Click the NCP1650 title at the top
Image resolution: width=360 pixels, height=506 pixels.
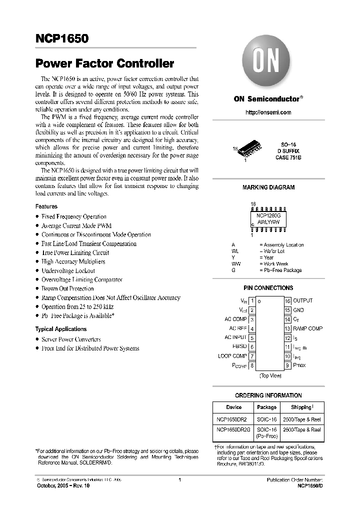coord(62,38)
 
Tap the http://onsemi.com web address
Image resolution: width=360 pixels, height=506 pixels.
coord(268,112)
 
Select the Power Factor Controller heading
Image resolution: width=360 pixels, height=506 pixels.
coord(104,63)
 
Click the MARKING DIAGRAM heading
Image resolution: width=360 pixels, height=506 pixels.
coord(268,187)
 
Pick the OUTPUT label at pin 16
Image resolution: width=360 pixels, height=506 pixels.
coord(302,300)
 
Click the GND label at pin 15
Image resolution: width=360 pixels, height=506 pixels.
coord(298,310)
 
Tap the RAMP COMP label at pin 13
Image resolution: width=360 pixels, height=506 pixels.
coord(307,328)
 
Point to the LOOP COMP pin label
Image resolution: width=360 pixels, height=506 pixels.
coord(232,356)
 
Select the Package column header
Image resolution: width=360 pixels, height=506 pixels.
coord(266,407)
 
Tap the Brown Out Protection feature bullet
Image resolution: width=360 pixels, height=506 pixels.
coord(67,288)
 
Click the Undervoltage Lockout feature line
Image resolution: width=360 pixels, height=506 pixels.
coord(68,270)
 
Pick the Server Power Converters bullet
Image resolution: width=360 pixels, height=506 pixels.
coord(71,339)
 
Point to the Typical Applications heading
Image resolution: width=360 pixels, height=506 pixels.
coord(60,329)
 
